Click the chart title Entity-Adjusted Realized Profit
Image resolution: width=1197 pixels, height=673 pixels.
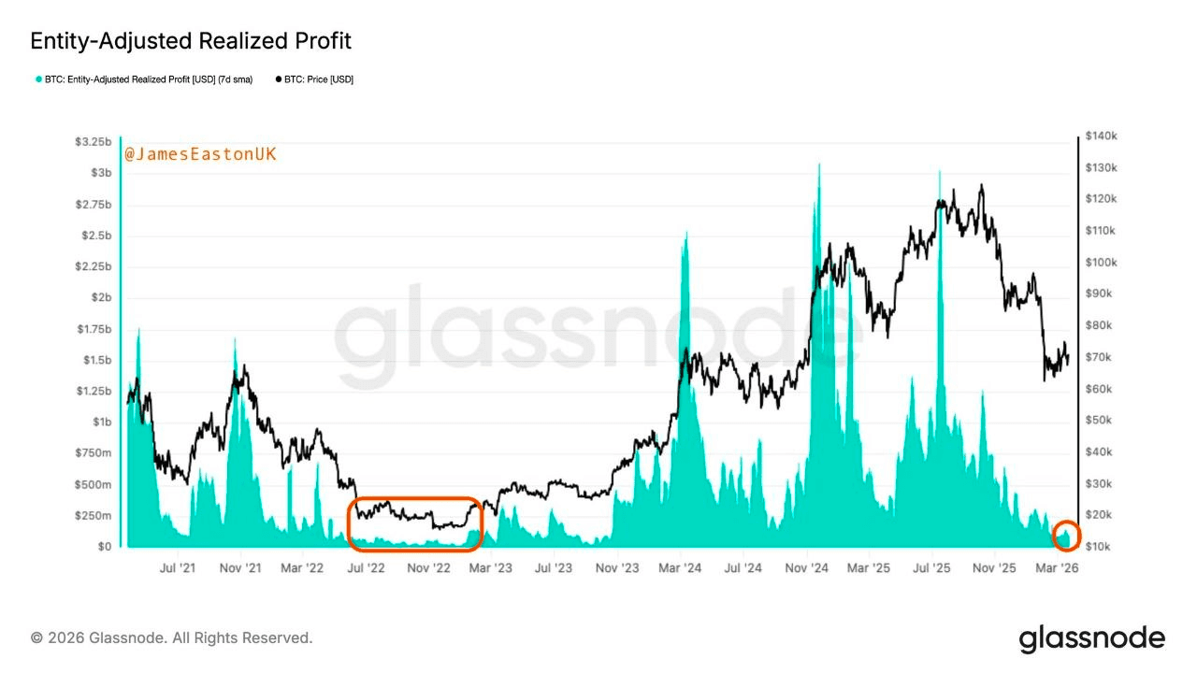[x=191, y=41]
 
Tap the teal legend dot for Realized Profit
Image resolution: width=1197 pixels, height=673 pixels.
[x=38, y=79]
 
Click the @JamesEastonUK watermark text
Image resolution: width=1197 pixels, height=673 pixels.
[x=200, y=154]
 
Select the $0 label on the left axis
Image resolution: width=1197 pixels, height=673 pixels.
[x=103, y=546]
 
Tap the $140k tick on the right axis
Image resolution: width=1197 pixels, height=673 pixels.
[x=1101, y=136]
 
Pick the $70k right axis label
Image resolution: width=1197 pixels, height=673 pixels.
[x=1098, y=357]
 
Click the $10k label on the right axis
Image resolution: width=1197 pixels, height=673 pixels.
[x=1098, y=546]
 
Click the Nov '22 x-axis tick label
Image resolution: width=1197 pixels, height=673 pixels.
[x=429, y=567]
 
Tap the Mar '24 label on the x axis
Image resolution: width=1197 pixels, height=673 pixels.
[x=680, y=567]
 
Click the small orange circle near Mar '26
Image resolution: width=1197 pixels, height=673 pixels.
[x=1066, y=536]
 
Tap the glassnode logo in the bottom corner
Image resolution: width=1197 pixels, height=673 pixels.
[x=1092, y=639]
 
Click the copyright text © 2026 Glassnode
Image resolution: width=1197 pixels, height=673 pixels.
[x=172, y=637]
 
